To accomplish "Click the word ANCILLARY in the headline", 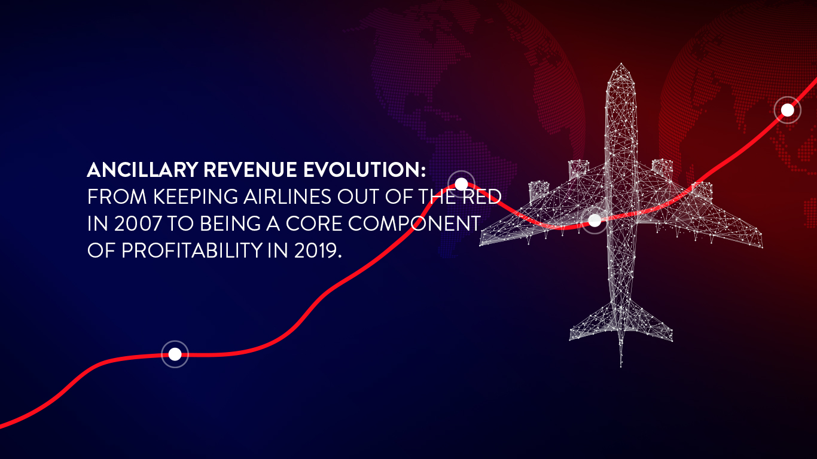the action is tap(142, 170).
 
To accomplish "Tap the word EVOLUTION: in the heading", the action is tap(365, 170).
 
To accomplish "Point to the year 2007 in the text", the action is tap(138, 224).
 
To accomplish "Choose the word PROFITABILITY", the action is tap(192, 250).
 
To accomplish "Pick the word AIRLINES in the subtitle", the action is tap(287, 197).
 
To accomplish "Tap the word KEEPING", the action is tap(195, 197).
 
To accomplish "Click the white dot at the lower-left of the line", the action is tap(175, 354).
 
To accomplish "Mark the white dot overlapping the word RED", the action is tap(461, 184).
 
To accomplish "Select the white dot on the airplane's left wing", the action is tap(595, 220).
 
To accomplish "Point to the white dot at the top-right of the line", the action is tap(788, 110).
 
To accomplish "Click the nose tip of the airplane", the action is tap(621, 64).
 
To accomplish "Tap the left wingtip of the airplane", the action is tap(480, 244).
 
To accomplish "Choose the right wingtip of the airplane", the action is tap(762, 247).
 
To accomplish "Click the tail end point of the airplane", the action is tap(621, 366).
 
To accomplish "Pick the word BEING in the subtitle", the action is tap(230, 224).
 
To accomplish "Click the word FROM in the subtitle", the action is tap(117, 197).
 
